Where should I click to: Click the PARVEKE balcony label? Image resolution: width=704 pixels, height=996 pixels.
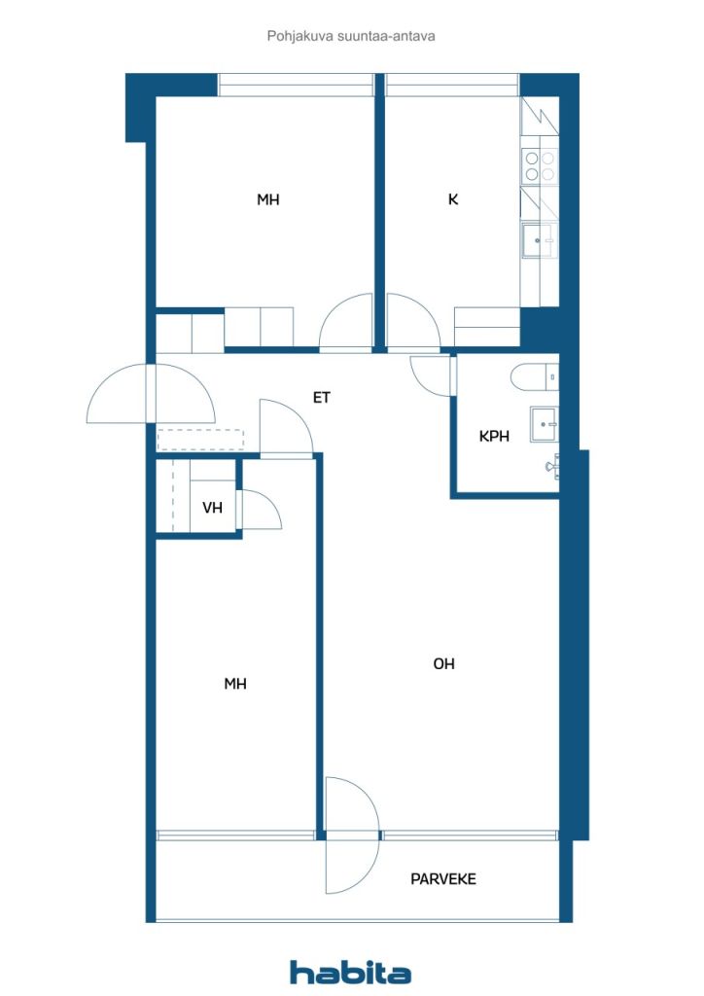(x=443, y=879)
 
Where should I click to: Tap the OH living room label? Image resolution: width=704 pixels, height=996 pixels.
(x=443, y=663)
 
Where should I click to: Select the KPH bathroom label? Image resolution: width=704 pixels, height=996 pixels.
(x=494, y=437)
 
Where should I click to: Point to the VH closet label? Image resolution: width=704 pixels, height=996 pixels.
(x=213, y=508)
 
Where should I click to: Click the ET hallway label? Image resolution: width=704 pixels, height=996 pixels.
(x=322, y=398)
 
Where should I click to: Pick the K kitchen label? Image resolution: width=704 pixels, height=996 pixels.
(x=452, y=199)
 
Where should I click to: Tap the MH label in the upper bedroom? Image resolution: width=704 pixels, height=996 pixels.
(x=267, y=199)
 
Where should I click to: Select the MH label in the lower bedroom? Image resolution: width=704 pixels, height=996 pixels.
(x=235, y=684)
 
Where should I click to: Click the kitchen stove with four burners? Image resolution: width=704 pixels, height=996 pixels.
(x=540, y=165)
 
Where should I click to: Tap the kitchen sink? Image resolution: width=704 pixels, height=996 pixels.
(x=539, y=241)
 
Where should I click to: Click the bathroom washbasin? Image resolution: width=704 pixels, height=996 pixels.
(x=545, y=424)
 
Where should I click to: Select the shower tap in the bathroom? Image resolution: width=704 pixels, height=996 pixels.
(x=552, y=466)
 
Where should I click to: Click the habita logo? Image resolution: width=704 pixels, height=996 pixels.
(x=350, y=972)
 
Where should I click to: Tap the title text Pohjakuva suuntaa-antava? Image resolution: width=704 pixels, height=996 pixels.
(x=351, y=36)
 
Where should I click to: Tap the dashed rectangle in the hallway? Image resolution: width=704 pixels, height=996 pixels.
(x=200, y=441)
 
